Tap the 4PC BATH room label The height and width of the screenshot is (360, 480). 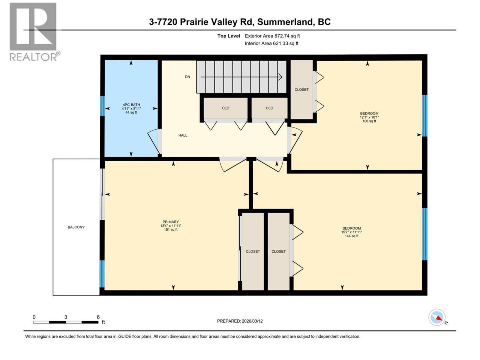pyautogui.click(x=131, y=105)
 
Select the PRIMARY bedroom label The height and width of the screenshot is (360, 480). pyautogui.click(x=171, y=222)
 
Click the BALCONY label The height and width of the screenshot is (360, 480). pyautogui.click(x=76, y=227)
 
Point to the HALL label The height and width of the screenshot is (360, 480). pyautogui.click(x=183, y=135)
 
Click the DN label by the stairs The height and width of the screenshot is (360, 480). pyautogui.click(x=187, y=77)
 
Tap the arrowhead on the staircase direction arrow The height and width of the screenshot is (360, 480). pyautogui.click(x=280, y=77)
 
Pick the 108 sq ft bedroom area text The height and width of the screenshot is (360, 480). pyautogui.click(x=369, y=121)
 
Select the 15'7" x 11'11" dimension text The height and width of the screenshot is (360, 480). pyautogui.click(x=352, y=232)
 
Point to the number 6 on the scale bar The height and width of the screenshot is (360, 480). pyautogui.click(x=98, y=317)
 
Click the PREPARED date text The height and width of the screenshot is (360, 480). pyautogui.click(x=240, y=321)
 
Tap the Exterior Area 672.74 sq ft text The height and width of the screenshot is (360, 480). pyautogui.click(x=272, y=36)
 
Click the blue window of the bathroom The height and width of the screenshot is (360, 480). pyautogui.click(x=102, y=106)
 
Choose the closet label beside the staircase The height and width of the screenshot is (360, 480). pyautogui.click(x=301, y=90)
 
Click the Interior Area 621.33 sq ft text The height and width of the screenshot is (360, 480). pyautogui.click(x=271, y=43)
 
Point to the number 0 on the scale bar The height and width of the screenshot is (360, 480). pyautogui.click(x=34, y=317)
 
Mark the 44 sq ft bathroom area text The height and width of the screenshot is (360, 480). pyautogui.click(x=131, y=112)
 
